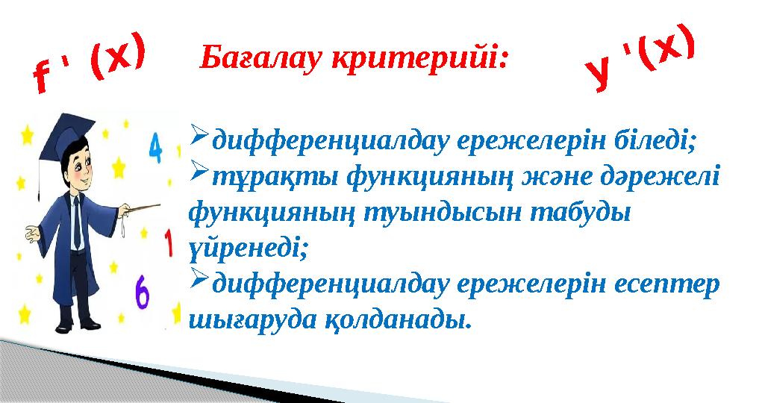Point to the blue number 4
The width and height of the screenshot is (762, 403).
(156, 148)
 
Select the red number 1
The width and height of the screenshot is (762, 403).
(168, 243)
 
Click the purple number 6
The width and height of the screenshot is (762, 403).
(142, 293)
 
